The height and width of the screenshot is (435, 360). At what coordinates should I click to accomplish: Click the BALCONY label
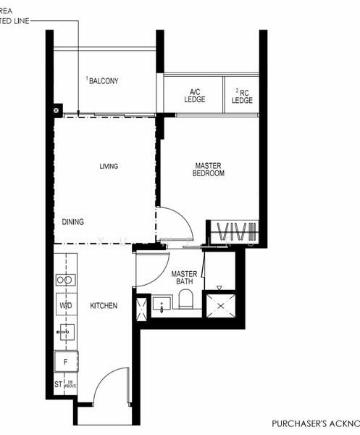(x=104, y=81)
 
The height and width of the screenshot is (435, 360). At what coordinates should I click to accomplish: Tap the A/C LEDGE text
(x=194, y=96)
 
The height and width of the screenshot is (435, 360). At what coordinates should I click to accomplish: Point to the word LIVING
(x=109, y=167)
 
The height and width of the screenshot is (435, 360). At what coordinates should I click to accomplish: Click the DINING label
(x=73, y=223)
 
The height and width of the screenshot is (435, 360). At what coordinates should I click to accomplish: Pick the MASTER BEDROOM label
(x=209, y=169)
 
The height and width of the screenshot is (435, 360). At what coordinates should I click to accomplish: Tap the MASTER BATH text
(x=185, y=278)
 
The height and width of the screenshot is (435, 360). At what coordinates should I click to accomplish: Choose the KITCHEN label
(x=104, y=306)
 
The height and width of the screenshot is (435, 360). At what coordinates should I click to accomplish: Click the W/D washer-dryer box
(x=65, y=306)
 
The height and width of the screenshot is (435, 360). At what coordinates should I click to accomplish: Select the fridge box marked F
(x=65, y=360)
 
